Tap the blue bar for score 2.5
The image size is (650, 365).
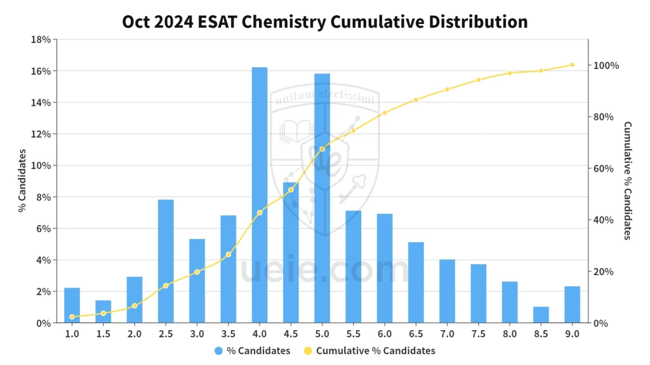pyautogui.click(x=166, y=261)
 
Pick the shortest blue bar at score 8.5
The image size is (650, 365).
pyautogui.click(x=541, y=315)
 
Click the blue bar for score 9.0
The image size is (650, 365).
pyautogui.click(x=572, y=305)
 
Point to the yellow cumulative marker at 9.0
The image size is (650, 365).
pyautogui.click(x=572, y=65)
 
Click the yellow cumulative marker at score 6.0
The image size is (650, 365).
pyautogui.click(x=385, y=113)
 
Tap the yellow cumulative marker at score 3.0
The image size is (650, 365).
pyautogui.click(x=197, y=272)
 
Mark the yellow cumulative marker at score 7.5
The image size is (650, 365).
pyautogui.click(x=479, y=80)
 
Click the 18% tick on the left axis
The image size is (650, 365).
pyautogui.click(x=41, y=40)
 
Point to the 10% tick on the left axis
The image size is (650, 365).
pyautogui.click(x=41, y=165)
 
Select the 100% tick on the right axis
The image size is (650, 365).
pyautogui.click(x=606, y=66)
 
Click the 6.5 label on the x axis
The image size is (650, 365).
pyautogui.click(x=416, y=334)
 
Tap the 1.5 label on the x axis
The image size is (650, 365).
pyautogui.click(x=103, y=334)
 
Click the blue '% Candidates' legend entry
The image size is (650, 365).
pyautogui.click(x=253, y=350)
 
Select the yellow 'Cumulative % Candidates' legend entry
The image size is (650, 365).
pyautogui.click(x=369, y=350)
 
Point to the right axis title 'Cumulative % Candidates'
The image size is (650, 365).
pyautogui.click(x=627, y=181)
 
